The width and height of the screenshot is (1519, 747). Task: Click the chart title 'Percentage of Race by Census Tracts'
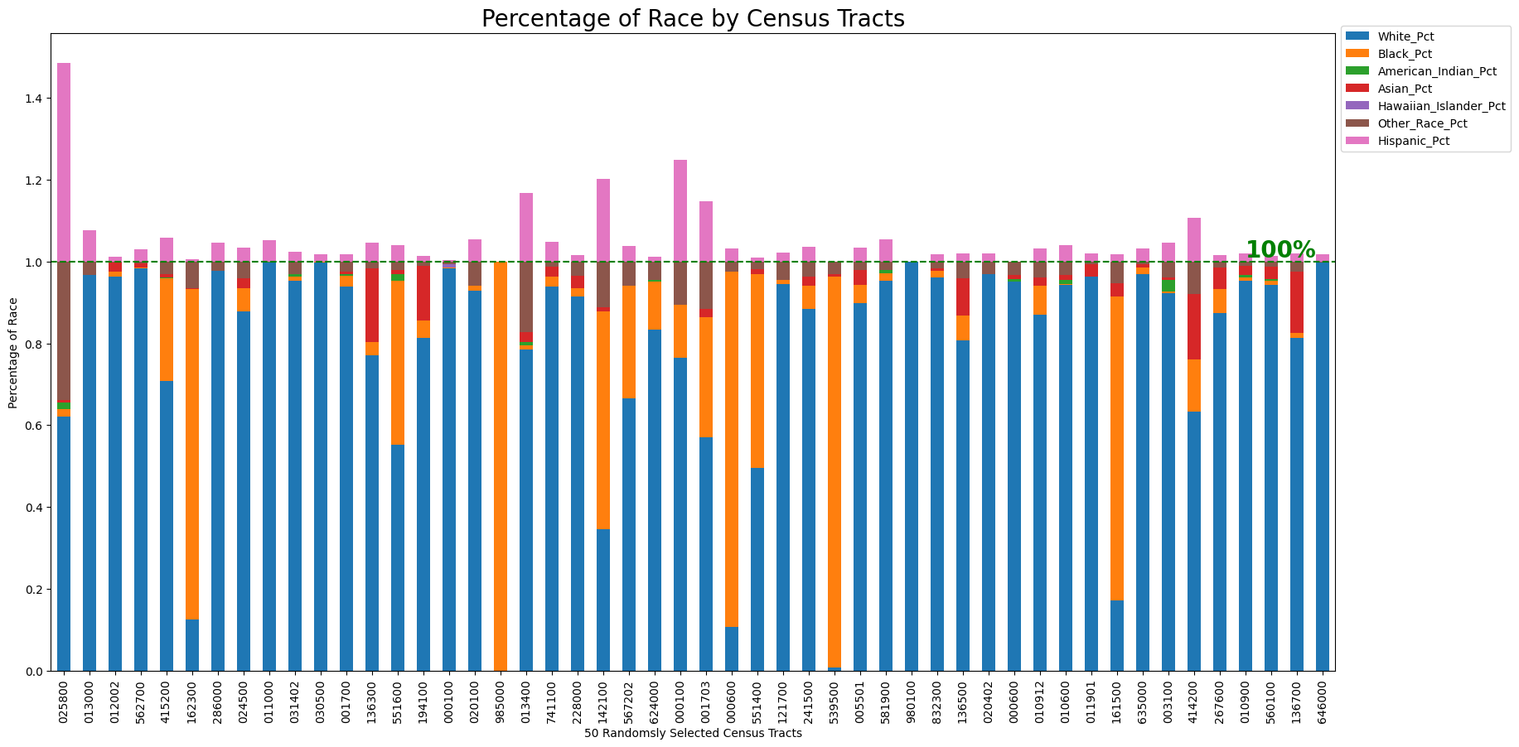[693, 18]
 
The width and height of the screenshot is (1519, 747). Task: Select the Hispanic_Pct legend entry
[1413, 141]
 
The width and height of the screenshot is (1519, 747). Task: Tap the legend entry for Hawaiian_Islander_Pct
[1440, 106]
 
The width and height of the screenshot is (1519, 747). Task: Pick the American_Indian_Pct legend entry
[1436, 71]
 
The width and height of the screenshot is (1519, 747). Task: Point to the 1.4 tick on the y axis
[32, 99]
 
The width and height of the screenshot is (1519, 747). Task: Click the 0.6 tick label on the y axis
[32, 426]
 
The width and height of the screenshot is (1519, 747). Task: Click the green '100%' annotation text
[1280, 249]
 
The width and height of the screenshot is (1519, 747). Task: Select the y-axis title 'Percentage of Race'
[12, 352]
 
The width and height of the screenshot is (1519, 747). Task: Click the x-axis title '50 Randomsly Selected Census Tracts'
[693, 734]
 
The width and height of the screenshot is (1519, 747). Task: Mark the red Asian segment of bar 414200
[1194, 326]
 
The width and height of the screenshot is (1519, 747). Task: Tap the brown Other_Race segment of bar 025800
[64, 331]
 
